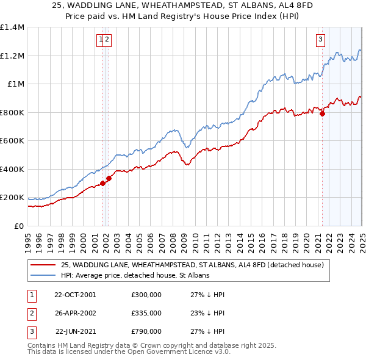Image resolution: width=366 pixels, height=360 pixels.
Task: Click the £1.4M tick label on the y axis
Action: click(x=12, y=27)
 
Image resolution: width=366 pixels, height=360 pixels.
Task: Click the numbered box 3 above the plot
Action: click(x=320, y=41)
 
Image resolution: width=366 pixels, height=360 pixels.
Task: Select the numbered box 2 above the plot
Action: click(x=107, y=41)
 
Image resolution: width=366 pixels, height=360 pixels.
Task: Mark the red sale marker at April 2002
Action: click(x=109, y=179)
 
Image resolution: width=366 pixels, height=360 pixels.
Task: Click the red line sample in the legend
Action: click(x=43, y=265)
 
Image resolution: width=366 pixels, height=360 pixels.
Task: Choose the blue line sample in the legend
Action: click(x=43, y=275)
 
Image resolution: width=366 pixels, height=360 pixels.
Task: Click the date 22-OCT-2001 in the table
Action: click(x=76, y=295)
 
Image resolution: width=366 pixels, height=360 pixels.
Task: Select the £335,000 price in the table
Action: click(x=146, y=313)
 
